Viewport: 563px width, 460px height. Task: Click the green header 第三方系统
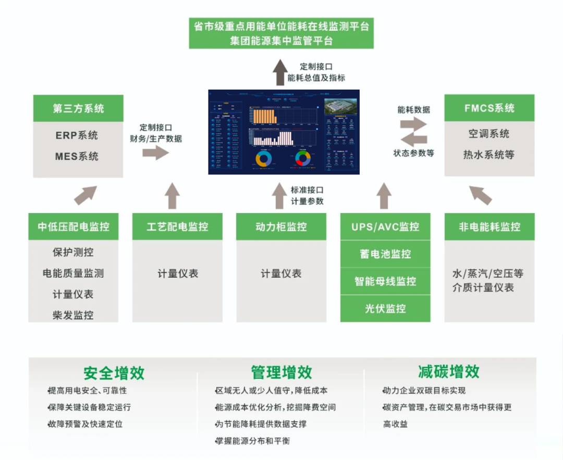click(x=78, y=108)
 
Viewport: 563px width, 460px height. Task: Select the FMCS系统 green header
click(x=489, y=108)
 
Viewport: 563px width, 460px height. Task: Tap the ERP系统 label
click(x=77, y=135)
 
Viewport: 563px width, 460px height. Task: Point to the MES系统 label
click(x=77, y=156)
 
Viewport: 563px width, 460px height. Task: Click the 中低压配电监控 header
click(x=74, y=227)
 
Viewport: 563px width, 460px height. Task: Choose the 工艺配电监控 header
click(x=177, y=227)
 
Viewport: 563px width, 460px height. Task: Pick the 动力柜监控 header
click(x=281, y=227)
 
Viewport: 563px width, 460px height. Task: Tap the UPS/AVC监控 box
click(x=385, y=227)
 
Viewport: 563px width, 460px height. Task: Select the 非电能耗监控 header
click(x=489, y=227)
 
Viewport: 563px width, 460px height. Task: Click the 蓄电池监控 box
click(x=385, y=254)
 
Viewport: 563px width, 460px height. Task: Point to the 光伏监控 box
click(x=385, y=308)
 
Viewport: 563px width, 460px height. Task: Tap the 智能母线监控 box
click(x=385, y=281)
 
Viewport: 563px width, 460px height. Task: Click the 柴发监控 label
click(x=73, y=315)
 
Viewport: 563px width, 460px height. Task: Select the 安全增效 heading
click(x=114, y=373)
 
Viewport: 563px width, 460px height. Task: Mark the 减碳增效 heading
click(x=448, y=372)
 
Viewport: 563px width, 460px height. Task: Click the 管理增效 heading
click(x=281, y=372)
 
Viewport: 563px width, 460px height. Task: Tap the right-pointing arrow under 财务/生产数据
click(x=155, y=153)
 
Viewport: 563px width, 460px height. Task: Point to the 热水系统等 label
click(x=489, y=155)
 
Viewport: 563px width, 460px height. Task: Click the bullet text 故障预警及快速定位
click(x=86, y=424)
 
